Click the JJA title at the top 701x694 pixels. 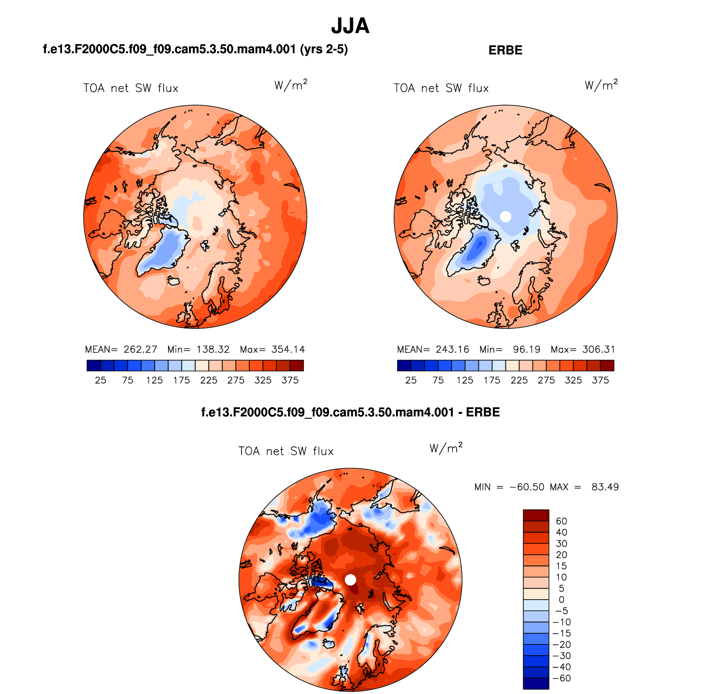tap(350, 26)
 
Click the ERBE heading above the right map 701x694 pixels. tap(505, 50)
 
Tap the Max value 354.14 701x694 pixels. tap(288, 349)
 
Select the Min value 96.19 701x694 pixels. tap(526, 349)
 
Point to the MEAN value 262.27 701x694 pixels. tap(140, 349)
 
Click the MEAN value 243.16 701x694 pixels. tap(452, 349)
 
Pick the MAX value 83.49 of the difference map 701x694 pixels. tap(605, 487)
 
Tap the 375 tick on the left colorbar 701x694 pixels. tap(290, 380)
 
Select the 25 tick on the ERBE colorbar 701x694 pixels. tap(411, 380)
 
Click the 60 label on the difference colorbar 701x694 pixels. tap(561, 521)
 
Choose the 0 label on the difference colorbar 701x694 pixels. tap(561, 600)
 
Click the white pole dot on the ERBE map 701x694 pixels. tap(506, 217)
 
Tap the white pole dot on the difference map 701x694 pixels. tap(350, 580)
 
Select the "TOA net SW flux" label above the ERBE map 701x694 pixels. tap(441, 88)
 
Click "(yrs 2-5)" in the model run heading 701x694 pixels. tap(324, 49)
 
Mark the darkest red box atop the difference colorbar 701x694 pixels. tap(536, 515)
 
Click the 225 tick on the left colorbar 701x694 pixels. tap(209, 380)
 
